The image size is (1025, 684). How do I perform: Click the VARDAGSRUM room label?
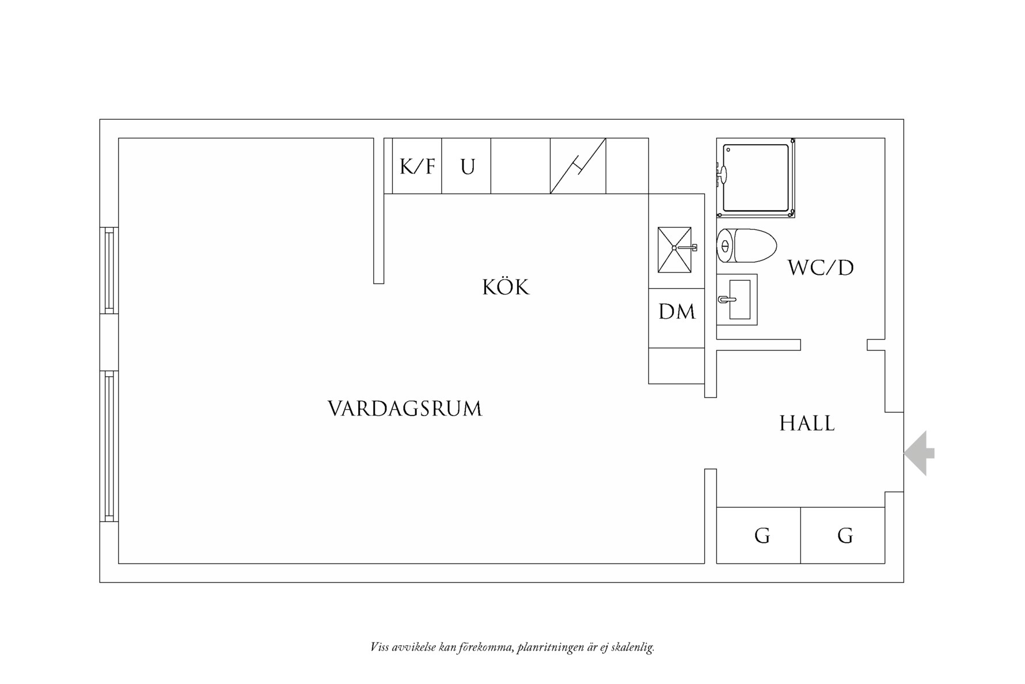click(x=405, y=409)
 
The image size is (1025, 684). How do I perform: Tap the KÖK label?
click(x=506, y=287)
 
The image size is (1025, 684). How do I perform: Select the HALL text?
click(x=807, y=424)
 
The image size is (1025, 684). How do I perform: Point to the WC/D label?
click(x=821, y=268)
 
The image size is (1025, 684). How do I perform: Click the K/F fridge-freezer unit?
click(x=417, y=167)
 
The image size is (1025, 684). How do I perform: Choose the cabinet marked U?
click(x=467, y=167)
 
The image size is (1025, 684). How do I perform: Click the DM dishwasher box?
click(x=677, y=312)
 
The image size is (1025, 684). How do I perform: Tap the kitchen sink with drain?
click(x=674, y=250)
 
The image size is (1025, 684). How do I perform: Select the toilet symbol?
click(x=746, y=246)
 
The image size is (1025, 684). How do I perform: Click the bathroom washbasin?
click(x=738, y=300)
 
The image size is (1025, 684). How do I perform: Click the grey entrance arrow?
click(x=919, y=454)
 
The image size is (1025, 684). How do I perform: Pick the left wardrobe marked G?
click(x=761, y=536)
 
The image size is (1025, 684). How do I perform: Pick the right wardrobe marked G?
click(x=844, y=536)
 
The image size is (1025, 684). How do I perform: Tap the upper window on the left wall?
click(x=109, y=270)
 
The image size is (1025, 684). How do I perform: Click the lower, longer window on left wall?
click(x=109, y=446)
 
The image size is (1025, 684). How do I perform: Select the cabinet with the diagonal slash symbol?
click(x=578, y=167)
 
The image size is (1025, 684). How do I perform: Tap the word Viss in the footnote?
click(x=379, y=648)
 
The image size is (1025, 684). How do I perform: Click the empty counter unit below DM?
click(x=677, y=366)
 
